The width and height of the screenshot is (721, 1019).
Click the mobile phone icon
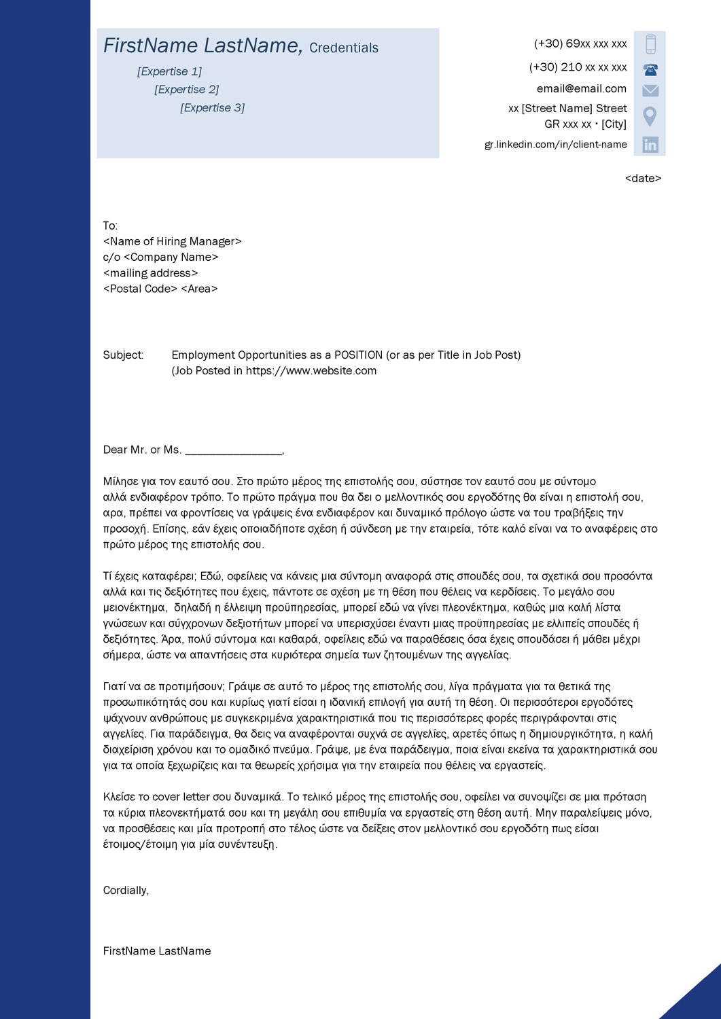pyautogui.click(x=650, y=44)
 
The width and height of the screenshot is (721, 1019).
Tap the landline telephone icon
pyautogui.click(x=650, y=69)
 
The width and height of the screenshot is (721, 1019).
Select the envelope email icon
pyautogui.click(x=650, y=90)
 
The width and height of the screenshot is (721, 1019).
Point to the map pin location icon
pyautogui.click(x=650, y=116)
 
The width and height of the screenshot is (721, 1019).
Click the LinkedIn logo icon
pyautogui.click(x=650, y=144)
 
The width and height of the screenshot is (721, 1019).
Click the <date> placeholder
pyautogui.click(x=643, y=179)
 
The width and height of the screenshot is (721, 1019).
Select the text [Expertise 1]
pyautogui.click(x=169, y=71)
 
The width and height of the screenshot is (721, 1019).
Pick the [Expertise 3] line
pyautogui.click(x=212, y=107)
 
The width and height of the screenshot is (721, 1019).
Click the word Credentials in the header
pyautogui.click(x=344, y=48)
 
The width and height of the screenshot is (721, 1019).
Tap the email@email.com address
pyautogui.click(x=582, y=88)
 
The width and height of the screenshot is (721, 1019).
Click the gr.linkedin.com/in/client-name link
pyautogui.click(x=555, y=144)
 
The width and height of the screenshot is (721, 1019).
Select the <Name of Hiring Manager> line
pyautogui.click(x=172, y=241)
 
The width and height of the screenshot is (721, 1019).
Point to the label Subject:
pyautogui.click(x=123, y=355)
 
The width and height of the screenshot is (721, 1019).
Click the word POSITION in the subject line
pyautogui.click(x=358, y=355)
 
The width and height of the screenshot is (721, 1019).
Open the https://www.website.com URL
pyautogui.click(x=311, y=371)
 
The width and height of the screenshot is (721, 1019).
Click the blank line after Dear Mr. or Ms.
pyautogui.click(x=234, y=451)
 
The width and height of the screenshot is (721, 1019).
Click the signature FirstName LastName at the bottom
pyautogui.click(x=157, y=951)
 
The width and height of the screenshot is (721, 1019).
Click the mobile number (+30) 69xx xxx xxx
pyautogui.click(x=580, y=43)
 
